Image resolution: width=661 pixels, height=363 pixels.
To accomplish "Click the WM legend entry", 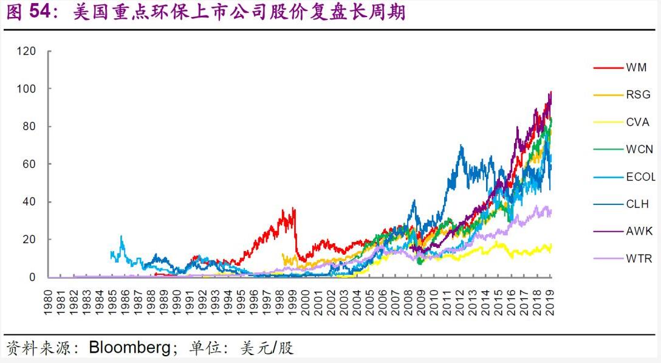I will pyautogui.click(x=636, y=67).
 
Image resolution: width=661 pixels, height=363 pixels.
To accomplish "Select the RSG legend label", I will pyautogui.click(x=638, y=94).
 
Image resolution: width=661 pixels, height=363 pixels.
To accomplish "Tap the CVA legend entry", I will pyautogui.click(x=637, y=122).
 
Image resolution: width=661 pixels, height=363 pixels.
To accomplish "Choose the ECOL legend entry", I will pyautogui.click(x=640, y=177).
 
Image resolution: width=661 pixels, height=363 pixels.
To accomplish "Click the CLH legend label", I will pyautogui.click(x=637, y=204).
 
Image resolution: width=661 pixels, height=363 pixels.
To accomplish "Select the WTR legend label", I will pyautogui.click(x=639, y=259).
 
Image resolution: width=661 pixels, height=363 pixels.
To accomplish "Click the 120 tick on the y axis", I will pyautogui.click(x=26, y=51).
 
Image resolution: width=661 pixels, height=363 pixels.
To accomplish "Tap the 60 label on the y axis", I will pyautogui.click(x=29, y=164).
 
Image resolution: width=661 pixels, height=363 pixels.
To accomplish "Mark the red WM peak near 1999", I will pyautogui.click(x=294, y=208).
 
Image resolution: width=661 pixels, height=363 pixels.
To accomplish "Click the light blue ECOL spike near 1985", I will pyautogui.click(x=121, y=236).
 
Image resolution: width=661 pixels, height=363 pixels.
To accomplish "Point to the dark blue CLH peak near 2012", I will pyautogui.click(x=462, y=145).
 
